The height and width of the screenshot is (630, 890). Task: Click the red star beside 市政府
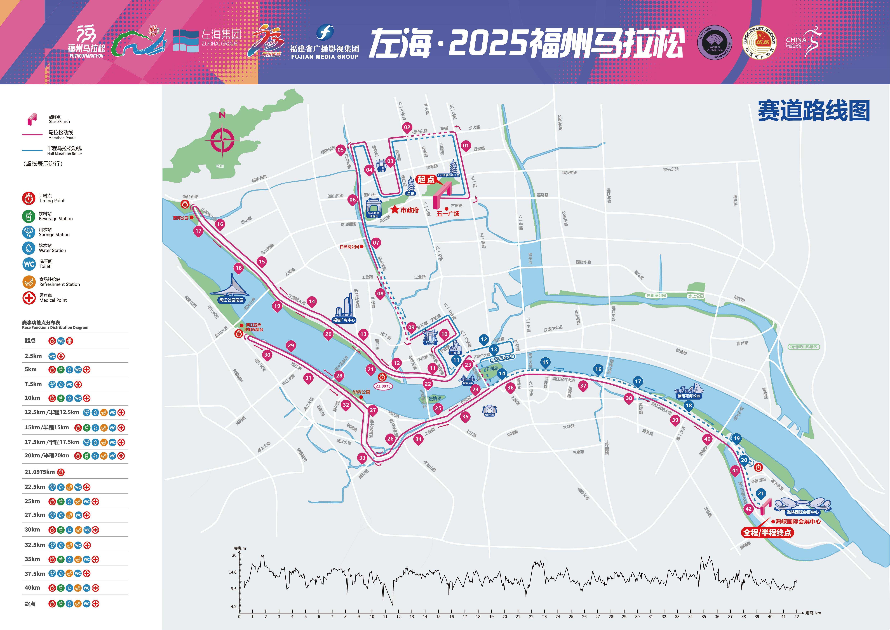tap(395, 210)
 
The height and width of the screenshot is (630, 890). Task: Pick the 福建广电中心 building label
tap(344, 320)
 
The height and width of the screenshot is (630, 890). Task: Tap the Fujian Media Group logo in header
tap(325, 43)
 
